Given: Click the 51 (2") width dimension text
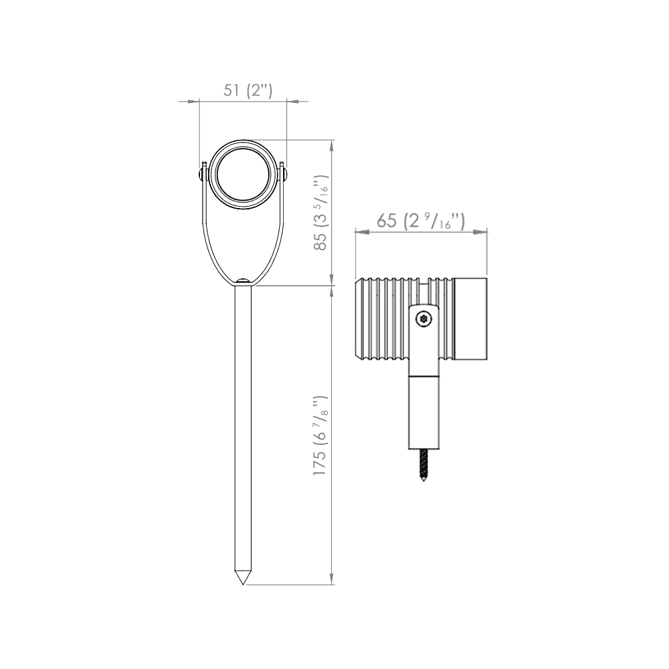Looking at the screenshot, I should (243, 90).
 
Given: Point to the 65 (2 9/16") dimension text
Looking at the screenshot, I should (420, 220).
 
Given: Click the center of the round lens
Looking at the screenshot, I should (243, 175).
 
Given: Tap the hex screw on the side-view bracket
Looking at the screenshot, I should (423, 320).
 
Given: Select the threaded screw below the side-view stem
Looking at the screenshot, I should (423, 466).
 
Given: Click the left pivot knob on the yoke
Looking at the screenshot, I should (201, 175).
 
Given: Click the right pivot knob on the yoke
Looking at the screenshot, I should (285, 175).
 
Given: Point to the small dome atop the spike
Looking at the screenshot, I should (243, 282).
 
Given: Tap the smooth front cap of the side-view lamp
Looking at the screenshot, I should (471, 318).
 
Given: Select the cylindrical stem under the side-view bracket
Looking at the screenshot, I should (424, 412).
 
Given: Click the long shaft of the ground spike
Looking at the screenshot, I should (243, 428).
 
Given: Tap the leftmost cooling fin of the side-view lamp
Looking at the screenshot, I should (361, 318).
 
